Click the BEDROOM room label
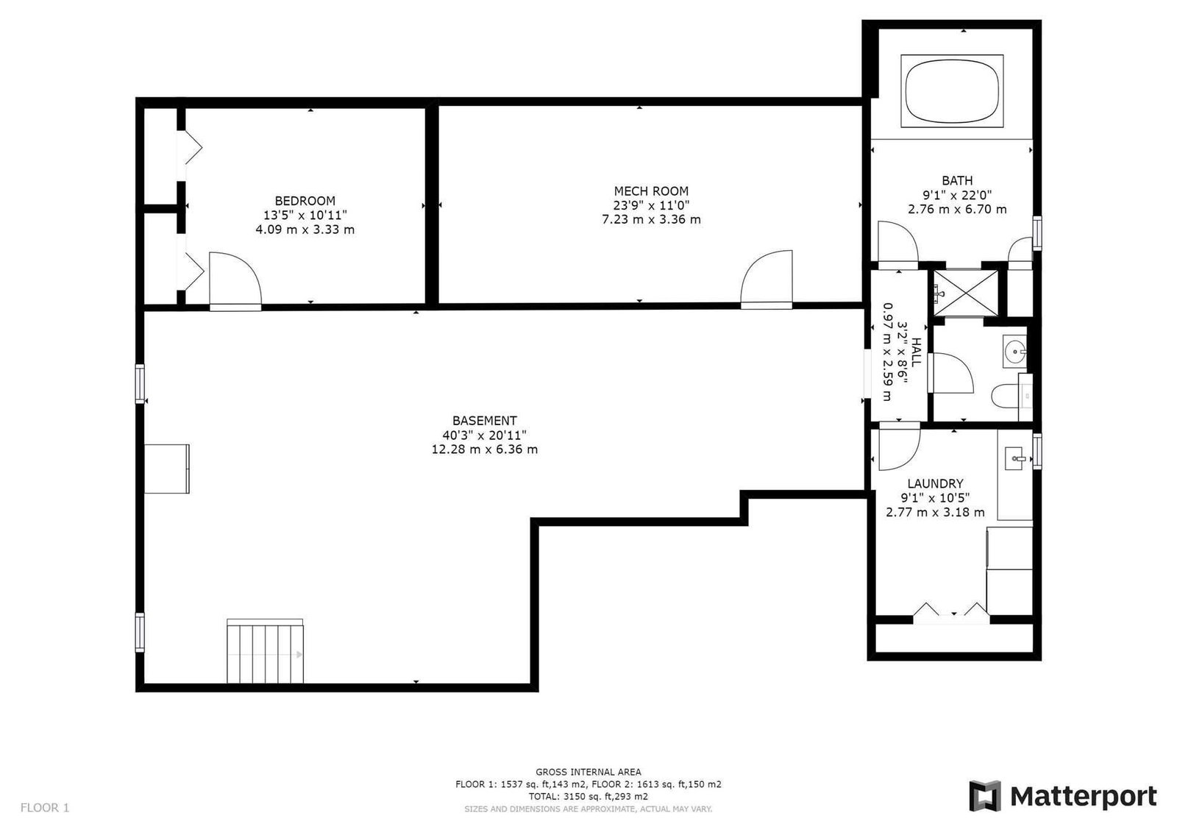(x=305, y=201)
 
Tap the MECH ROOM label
(x=651, y=191)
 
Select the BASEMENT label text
(x=485, y=421)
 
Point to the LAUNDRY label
(x=935, y=483)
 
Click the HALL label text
(x=916, y=352)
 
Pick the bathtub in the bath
(x=952, y=90)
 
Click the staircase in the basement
(x=266, y=651)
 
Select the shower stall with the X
(x=966, y=294)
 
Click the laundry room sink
(x=1015, y=458)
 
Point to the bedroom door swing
(x=235, y=279)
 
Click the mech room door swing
(x=767, y=277)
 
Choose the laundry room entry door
(x=899, y=447)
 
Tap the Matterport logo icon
(x=985, y=796)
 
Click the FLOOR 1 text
(x=45, y=807)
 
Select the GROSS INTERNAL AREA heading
(x=588, y=772)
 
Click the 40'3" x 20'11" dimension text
(x=485, y=435)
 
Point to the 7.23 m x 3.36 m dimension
(x=651, y=219)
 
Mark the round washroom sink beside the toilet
(x=1014, y=352)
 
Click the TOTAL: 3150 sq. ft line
(x=588, y=796)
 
